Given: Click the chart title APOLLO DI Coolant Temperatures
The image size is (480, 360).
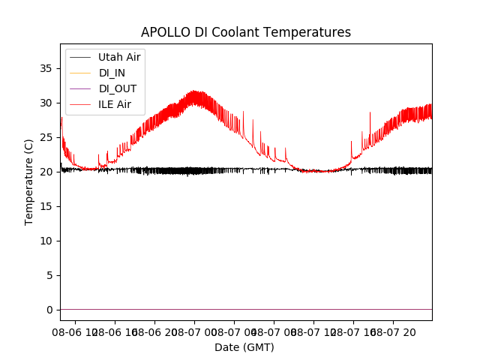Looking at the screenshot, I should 246,32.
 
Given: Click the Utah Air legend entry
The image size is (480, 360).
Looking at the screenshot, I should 119,57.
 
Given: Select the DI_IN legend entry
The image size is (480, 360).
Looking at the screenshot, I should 112,73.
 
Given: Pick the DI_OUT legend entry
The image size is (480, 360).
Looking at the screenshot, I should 117,88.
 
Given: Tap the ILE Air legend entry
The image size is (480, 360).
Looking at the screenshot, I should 115,104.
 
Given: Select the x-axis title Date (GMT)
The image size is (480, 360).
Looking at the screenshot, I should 244,347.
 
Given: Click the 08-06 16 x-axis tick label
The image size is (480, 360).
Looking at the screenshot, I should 115,331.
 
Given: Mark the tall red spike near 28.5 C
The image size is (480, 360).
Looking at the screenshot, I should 370,112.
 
